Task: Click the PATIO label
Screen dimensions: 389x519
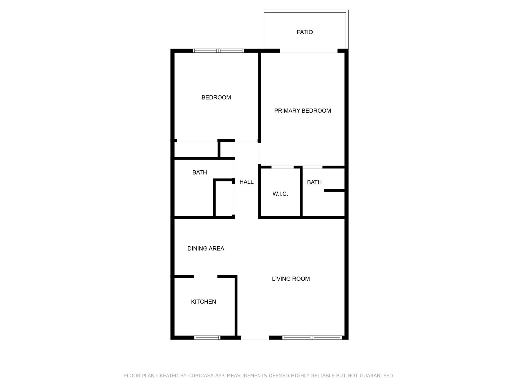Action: pyautogui.click(x=305, y=32)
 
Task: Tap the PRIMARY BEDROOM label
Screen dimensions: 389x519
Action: pyautogui.click(x=302, y=111)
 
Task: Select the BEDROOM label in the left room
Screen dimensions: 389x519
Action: pyautogui.click(x=216, y=98)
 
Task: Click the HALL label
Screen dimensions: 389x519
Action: pyautogui.click(x=246, y=182)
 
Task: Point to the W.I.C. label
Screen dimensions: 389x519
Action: pyautogui.click(x=280, y=194)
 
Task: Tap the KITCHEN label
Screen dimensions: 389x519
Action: pyautogui.click(x=203, y=302)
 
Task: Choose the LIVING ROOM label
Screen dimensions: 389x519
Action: pyautogui.click(x=291, y=279)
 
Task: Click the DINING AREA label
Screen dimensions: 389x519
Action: pyautogui.click(x=206, y=249)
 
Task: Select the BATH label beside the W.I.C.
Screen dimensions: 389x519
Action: pyautogui.click(x=314, y=182)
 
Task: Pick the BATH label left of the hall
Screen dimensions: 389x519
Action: pyautogui.click(x=199, y=172)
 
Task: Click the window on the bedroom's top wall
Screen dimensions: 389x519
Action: pyautogui.click(x=218, y=51)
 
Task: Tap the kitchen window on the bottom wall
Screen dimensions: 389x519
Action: pyautogui.click(x=207, y=337)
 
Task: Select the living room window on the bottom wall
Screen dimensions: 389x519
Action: pyautogui.click(x=312, y=337)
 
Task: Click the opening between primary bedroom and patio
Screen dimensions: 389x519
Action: pyautogui.click(x=309, y=51)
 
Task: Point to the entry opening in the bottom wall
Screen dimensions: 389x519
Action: pyautogui.click(x=255, y=337)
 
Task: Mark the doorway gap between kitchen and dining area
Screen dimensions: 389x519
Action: pyautogui.click(x=205, y=277)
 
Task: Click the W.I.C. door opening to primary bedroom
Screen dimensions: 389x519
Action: pyautogui.click(x=282, y=167)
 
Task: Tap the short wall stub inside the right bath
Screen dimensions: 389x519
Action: pyautogui.click(x=334, y=190)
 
